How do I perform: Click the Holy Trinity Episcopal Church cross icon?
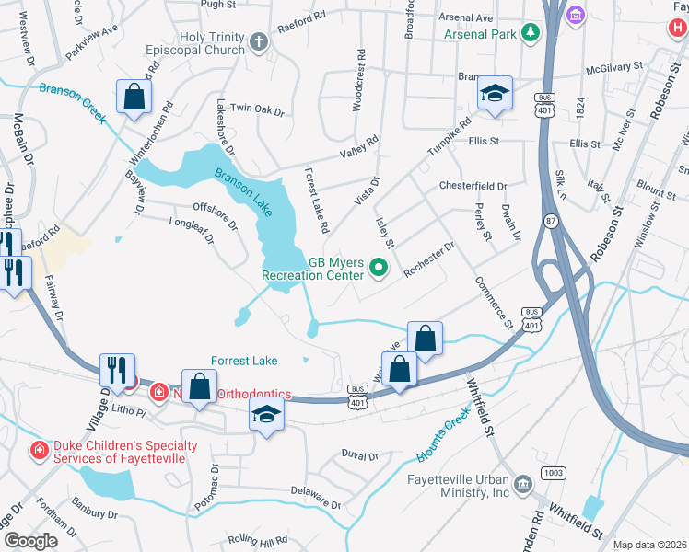point(260,41)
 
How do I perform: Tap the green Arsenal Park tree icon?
point(531,35)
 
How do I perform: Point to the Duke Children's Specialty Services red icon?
point(40,450)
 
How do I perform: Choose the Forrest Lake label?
point(244,361)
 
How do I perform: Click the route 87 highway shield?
point(551,221)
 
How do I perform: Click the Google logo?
point(30,540)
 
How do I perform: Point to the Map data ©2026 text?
point(648,545)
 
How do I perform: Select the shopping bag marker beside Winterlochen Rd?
point(134,97)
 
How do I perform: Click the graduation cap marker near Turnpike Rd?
point(495,95)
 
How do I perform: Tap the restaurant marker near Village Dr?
point(117,370)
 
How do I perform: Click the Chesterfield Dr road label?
point(473,185)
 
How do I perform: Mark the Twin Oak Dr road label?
point(257,109)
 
